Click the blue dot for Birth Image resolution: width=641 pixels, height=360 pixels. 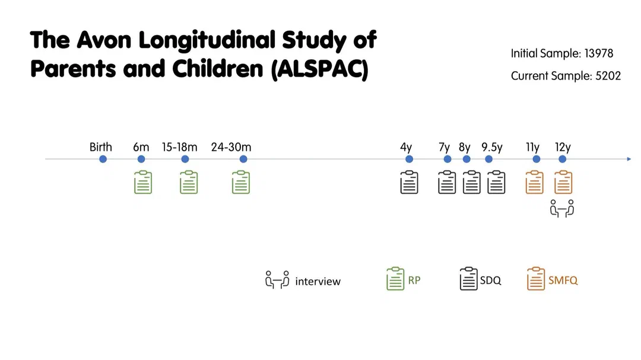(103, 159)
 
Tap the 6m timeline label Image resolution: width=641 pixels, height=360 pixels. (141, 147)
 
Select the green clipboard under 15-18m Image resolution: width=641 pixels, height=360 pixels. (189, 182)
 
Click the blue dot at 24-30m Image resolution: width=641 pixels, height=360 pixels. (243, 159)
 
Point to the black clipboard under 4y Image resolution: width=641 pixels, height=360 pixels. (409, 182)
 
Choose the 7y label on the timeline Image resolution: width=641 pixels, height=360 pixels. (445, 147)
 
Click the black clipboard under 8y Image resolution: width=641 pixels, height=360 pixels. (472, 182)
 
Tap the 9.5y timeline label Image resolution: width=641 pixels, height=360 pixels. (492, 147)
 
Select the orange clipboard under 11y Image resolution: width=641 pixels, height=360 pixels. (535, 182)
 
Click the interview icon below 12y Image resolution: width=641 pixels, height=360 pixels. (562, 209)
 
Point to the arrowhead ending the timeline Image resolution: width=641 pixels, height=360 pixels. (629, 159)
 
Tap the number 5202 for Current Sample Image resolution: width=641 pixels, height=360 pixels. (608, 76)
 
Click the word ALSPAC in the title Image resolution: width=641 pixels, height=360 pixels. (320, 69)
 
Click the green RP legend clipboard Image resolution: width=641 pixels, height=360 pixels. (395, 279)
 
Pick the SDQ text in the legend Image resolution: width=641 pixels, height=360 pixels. (491, 281)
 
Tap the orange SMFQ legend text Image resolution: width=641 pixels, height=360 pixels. (563, 281)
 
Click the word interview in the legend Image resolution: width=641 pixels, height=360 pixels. (318, 281)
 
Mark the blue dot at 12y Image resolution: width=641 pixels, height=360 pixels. (563, 159)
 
